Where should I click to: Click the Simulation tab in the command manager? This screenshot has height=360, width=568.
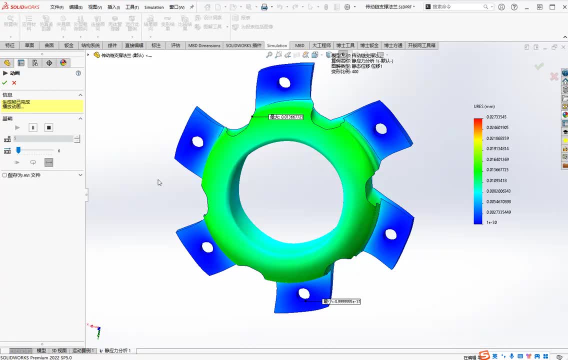(x=277, y=45)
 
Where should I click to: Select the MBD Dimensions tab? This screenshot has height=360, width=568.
(x=204, y=45)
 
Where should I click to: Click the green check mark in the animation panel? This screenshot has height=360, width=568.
(x=4, y=82)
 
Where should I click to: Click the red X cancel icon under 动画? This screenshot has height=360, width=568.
(x=14, y=82)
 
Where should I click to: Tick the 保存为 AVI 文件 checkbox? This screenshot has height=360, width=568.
(x=5, y=175)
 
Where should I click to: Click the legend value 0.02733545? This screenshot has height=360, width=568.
(x=496, y=117)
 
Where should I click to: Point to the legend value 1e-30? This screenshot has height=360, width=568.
(x=491, y=222)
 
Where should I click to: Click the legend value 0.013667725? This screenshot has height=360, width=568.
(x=497, y=170)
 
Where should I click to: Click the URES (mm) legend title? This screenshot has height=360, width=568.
(x=484, y=106)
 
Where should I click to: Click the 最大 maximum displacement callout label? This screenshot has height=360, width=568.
(x=286, y=117)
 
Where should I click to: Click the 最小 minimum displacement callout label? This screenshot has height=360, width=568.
(x=341, y=301)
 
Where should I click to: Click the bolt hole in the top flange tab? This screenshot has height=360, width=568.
(x=284, y=82)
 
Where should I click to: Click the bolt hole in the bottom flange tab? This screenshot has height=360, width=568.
(x=303, y=293)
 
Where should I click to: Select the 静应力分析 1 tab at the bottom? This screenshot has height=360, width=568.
(x=117, y=351)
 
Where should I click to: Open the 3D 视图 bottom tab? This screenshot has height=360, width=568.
(x=58, y=351)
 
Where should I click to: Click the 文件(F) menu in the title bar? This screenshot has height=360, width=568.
(x=56, y=7)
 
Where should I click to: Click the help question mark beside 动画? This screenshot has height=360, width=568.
(x=78, y=73)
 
